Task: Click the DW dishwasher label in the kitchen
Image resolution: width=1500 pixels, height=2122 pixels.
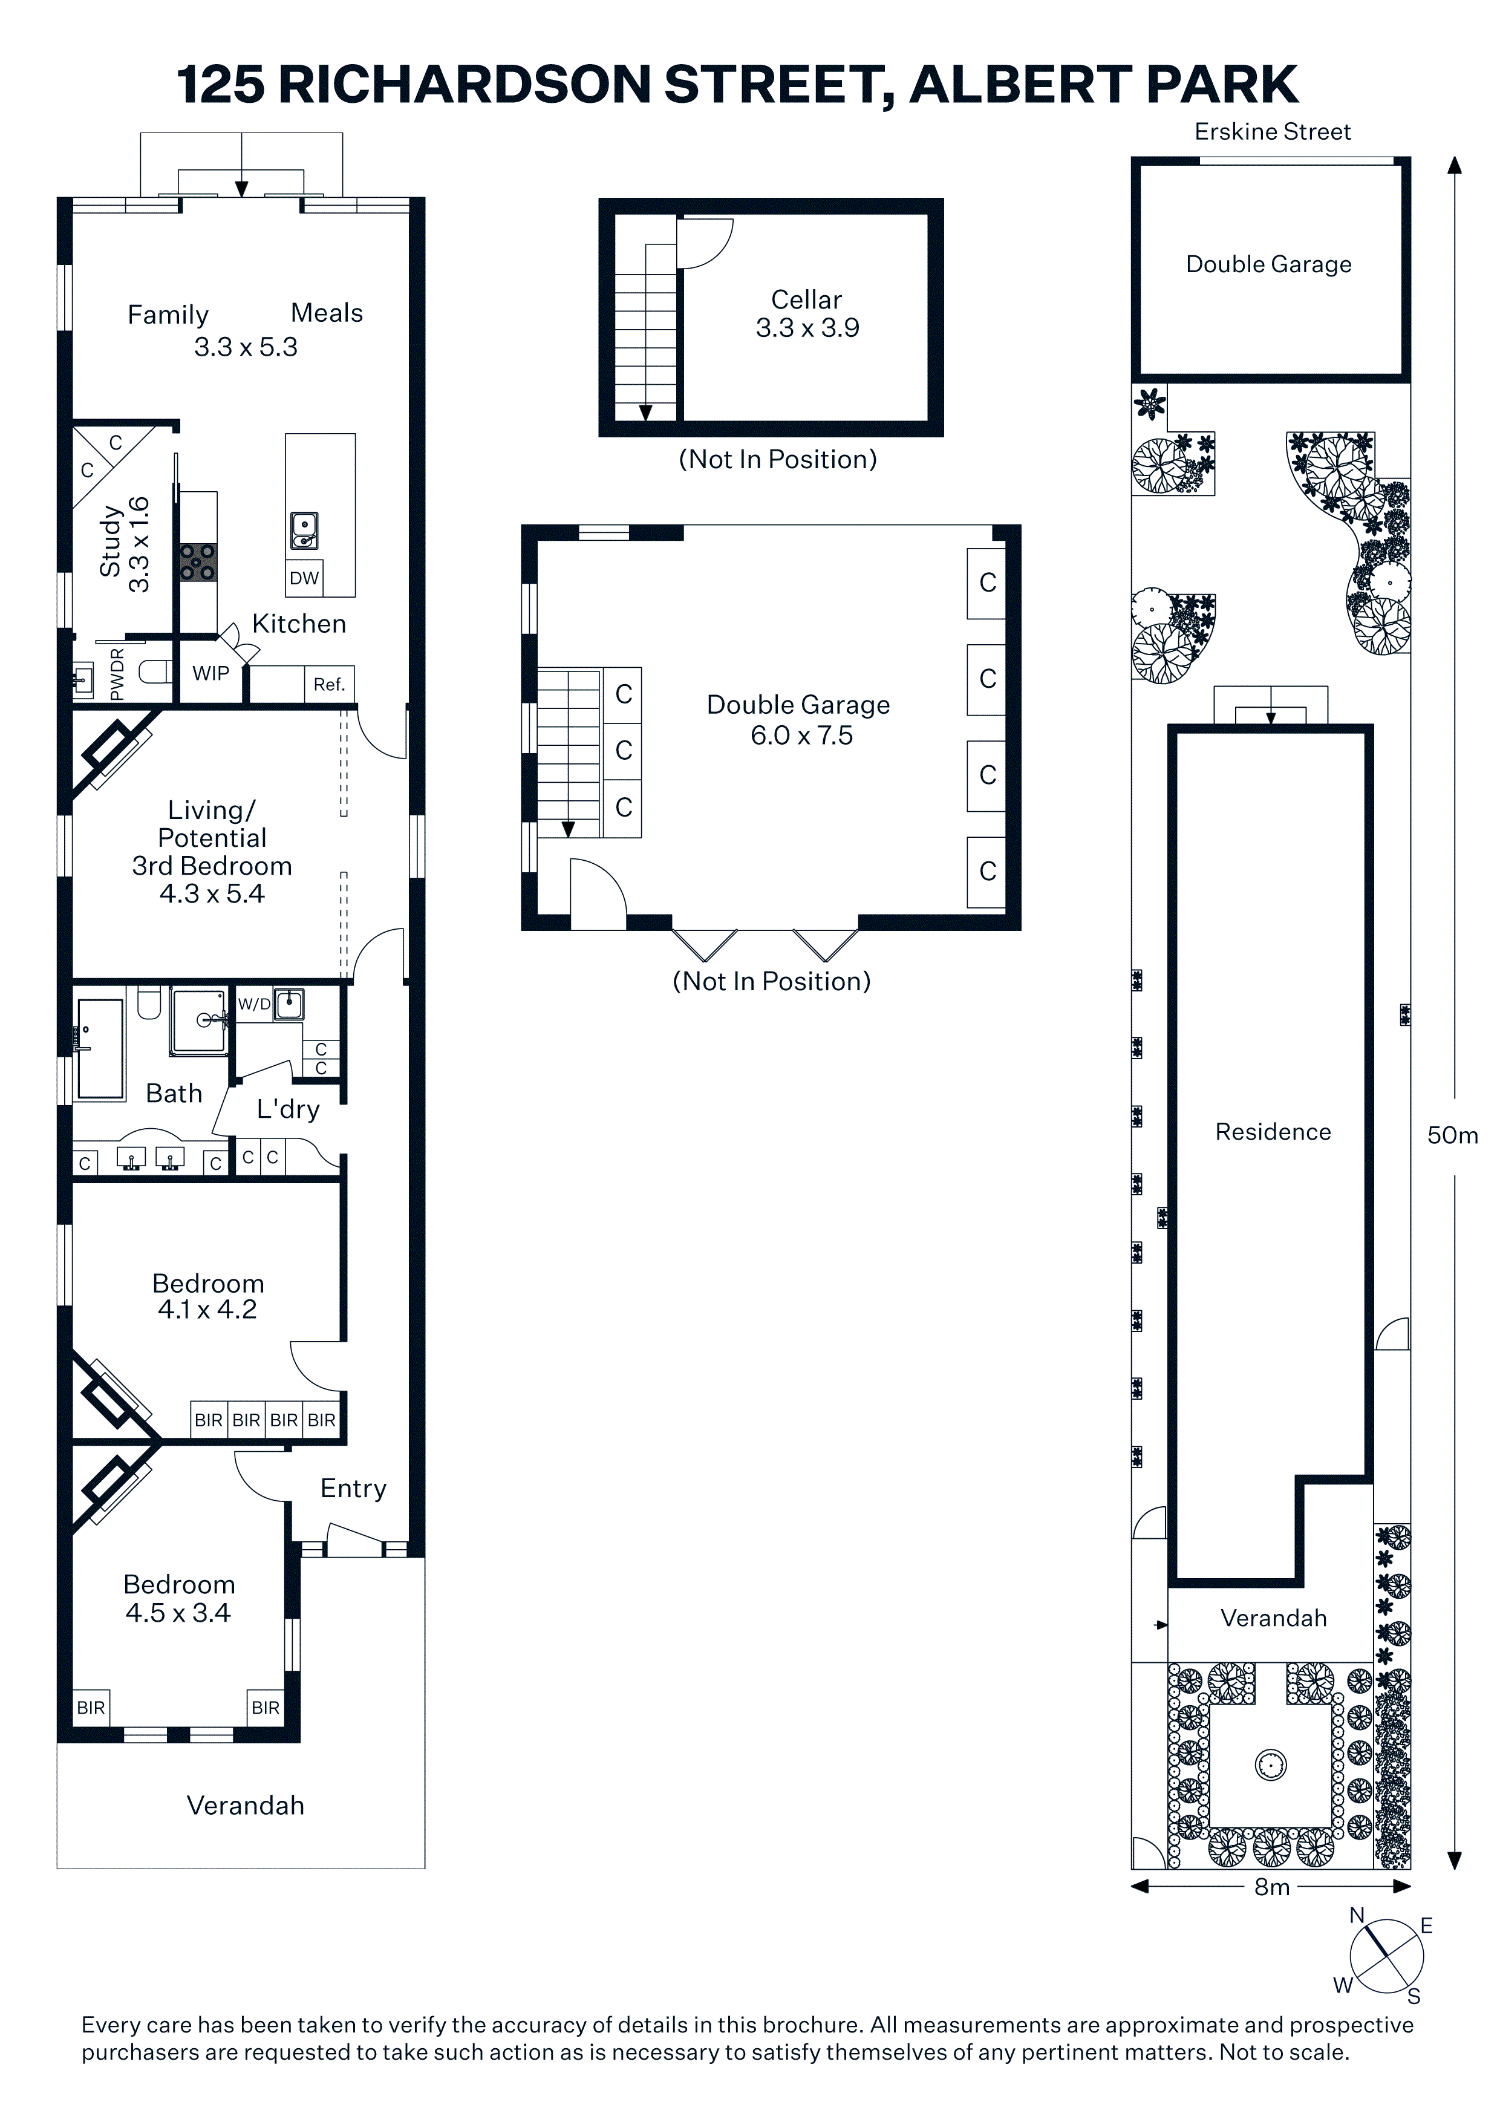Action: coord(304,578)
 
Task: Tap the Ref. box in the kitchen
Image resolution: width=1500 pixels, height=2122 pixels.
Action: coord(329,685)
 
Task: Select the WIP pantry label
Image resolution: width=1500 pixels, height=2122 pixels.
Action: coord(210,674)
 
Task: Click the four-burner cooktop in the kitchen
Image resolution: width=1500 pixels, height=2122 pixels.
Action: coord(198,562)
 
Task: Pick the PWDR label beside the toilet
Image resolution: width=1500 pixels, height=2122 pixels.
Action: coord(117,674)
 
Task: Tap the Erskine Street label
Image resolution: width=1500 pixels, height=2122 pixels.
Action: coord(1273,132)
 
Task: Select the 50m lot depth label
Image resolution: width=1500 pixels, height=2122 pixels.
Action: coord(1453,1135)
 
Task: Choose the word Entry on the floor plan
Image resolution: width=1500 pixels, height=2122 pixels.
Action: coord(353,1489)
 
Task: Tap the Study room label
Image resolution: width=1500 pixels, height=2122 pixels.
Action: coord(111,541)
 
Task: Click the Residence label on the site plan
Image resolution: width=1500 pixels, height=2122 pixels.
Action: coord(1273,1132)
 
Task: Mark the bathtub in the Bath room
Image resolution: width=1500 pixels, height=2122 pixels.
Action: coord(100,1049)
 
